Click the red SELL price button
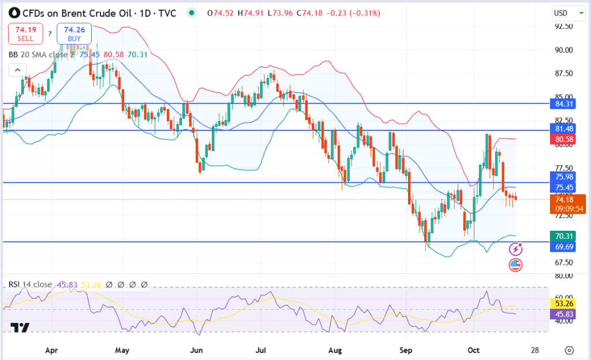coord(25,34)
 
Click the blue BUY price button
coord(74,34)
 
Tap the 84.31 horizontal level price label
coord(563,104)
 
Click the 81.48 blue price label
coord(563,129)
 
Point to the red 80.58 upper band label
coord(563,139)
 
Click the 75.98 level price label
coord(563,177)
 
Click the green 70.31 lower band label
coord(563,236)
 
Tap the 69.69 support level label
coord(563,246)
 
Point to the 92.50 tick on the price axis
coord(563,27)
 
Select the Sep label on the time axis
coord(406,350)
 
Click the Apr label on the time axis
coord(52,350)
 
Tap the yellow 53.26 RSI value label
coord(563,303)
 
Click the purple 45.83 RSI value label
coord(563,313)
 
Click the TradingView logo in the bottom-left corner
coord(21,328)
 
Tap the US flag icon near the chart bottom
coord(515,265)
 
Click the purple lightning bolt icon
coord(516,249)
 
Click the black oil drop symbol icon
coord(14,12)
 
